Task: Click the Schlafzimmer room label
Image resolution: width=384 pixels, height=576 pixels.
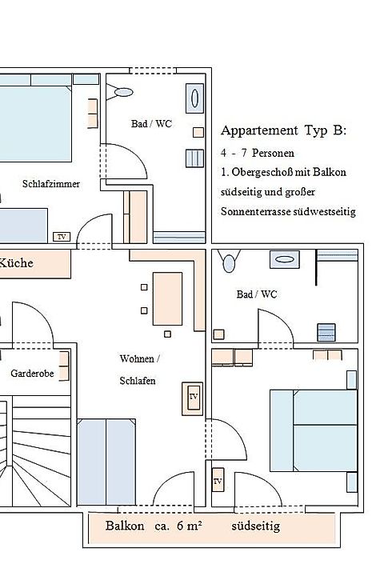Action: point(51,184)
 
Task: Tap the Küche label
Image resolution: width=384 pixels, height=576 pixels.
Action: point(16,263)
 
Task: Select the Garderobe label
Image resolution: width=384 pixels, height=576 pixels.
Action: point(32,374)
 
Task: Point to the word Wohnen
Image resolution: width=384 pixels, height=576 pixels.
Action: point(137,358)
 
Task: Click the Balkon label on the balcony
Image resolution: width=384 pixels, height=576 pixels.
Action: point(125,526)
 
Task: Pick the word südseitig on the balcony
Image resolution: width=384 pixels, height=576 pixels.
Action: point(256,526)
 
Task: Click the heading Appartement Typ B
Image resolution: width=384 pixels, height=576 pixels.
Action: point(283,130)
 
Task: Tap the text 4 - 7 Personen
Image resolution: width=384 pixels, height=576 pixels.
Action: point(258,153)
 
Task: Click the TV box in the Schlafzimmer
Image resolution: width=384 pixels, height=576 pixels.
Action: point(62,237)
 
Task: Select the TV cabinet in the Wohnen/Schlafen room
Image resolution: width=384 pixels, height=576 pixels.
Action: point(193,398)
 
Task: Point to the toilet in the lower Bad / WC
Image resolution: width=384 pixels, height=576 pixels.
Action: point(229,261)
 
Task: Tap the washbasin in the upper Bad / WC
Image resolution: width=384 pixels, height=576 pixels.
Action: point(194,98)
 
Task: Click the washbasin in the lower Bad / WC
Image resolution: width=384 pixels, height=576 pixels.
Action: point(285,259)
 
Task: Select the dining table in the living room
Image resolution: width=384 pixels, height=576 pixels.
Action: point(167,298)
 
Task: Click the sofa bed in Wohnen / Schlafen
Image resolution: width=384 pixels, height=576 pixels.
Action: point(106,462)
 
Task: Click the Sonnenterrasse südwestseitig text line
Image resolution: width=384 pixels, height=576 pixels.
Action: point(288,211)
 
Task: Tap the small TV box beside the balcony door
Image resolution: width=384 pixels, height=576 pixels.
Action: point(218,481)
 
